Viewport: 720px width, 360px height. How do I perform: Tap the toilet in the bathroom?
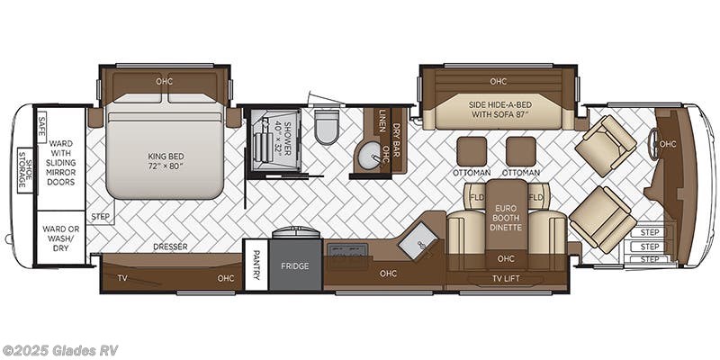pyautogui.click(x=326, y=129)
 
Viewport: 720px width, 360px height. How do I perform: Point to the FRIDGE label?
pyautogui.click(x=296, y=266)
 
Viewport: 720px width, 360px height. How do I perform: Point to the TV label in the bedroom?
pyautogui.click(x=121, y=278)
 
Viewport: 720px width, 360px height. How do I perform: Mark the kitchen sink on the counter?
pyautogui.click(x=418, y=240)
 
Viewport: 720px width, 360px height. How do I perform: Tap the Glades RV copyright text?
pyautogui.click(x=60, y=350)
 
